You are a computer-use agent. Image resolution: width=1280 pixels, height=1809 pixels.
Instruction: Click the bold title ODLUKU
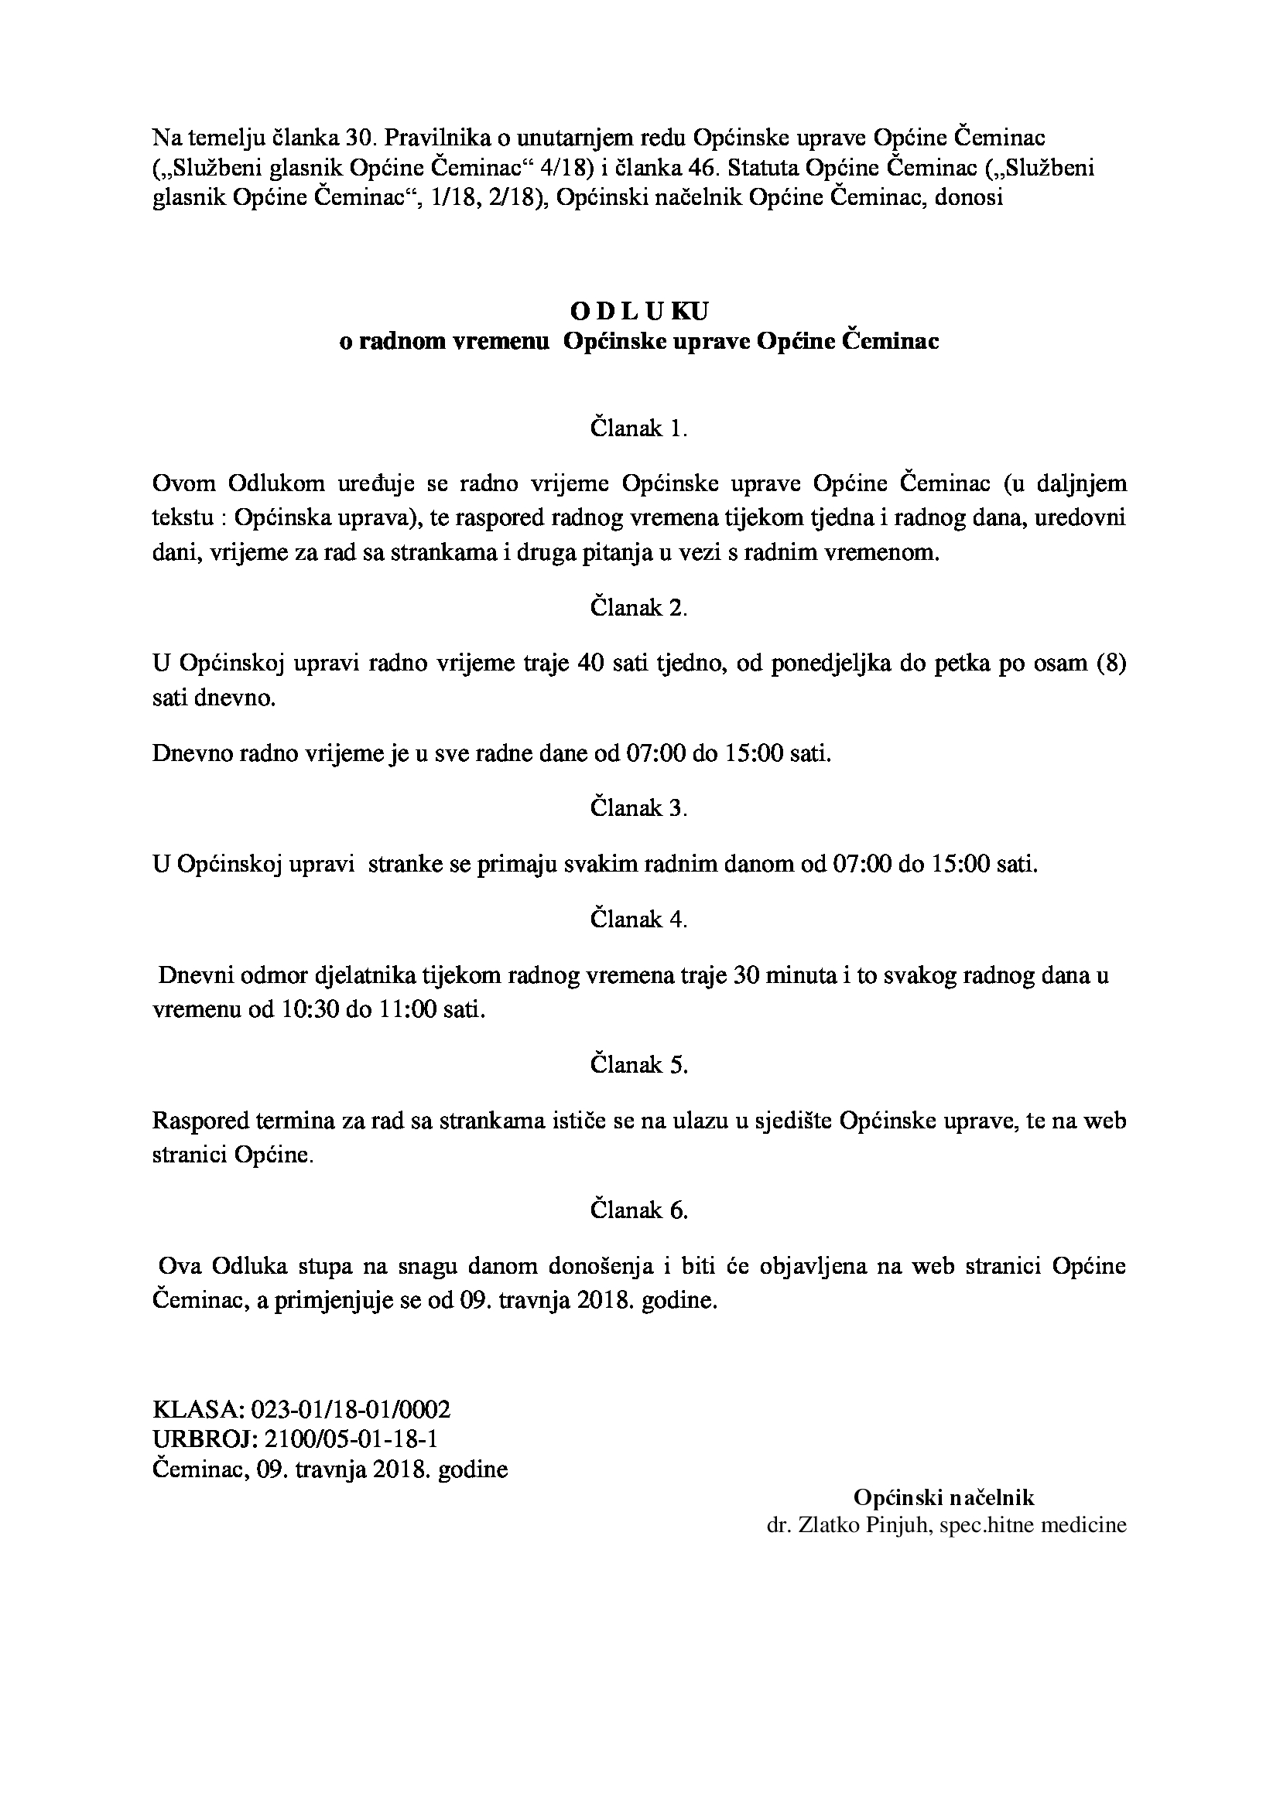[x=639, y=311]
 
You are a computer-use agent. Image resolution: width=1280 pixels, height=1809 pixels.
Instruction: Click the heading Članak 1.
[x=639, y=428]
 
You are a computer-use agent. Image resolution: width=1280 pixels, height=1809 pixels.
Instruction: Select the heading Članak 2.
[x=639, y=608]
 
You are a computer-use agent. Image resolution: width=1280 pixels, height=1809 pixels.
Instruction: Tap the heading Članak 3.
[x=639, y=808]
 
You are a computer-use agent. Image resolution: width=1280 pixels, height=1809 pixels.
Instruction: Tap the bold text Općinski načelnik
[x=943, y=1497]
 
